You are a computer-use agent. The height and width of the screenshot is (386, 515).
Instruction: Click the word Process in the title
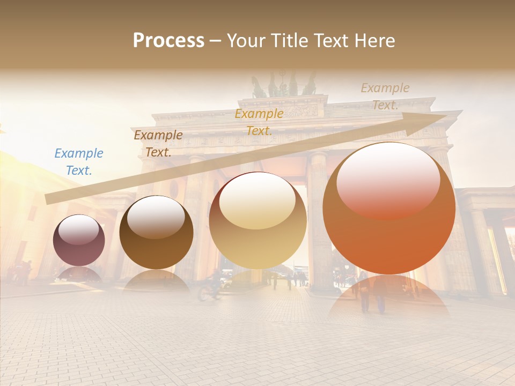click(x=168, y=41)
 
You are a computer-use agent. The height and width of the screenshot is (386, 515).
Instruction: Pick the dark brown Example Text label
click(x=158, y=143)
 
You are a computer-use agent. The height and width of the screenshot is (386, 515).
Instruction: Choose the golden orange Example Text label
click(x=259, y=122)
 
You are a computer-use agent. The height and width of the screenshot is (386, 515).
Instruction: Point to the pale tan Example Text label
click(x=385, y=96)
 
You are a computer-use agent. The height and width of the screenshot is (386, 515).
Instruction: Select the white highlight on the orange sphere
click(x=388, y=180)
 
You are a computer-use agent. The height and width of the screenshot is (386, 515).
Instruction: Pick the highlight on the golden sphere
click(x=257, y=199)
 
